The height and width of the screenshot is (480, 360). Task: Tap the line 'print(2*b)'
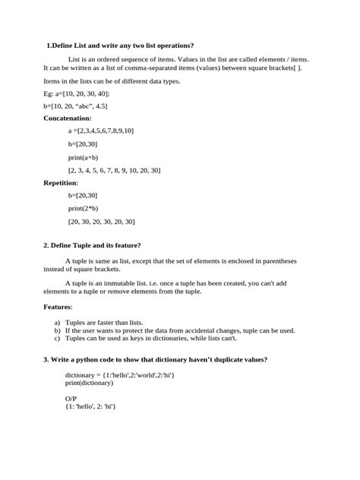(84, 208)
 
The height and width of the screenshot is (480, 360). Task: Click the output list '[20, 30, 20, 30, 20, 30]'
(101, 221)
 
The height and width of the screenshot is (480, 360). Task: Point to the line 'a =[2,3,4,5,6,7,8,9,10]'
(100, 131)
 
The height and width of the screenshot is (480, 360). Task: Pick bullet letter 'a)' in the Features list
(57, 323)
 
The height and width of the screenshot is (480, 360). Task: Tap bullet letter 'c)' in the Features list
(57, 339)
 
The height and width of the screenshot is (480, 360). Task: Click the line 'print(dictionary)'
(89, 383)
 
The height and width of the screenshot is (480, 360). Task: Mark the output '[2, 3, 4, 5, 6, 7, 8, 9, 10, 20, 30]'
(114, 170)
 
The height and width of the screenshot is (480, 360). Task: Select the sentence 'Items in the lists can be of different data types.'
(112, 81)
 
